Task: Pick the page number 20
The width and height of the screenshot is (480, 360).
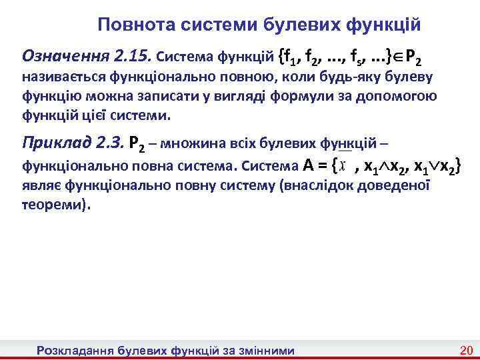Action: pyautogui.click(x=466, y=349)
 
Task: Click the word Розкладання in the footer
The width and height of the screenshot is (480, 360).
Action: pyautogui.click(x=75, y=349)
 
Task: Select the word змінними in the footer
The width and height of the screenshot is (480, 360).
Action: pyautogui.click(x=263, y=349)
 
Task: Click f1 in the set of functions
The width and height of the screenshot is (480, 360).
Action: pyautogui.click(x=288, y=56)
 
